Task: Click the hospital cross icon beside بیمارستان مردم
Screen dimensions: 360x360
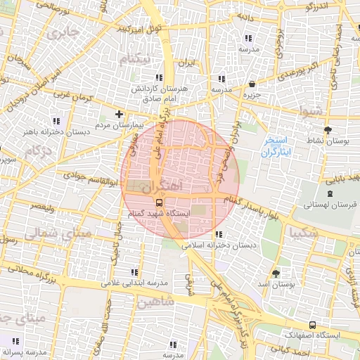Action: tap(119, 114)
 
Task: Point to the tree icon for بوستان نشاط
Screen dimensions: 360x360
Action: tap(327, 130)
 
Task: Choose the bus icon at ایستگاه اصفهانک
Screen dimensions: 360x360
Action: tap(312, 326)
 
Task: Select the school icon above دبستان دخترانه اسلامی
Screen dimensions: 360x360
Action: tap(218, 234)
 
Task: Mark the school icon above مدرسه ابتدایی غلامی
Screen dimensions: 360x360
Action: tap(134, 271)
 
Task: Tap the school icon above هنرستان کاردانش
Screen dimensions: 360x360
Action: tap(158, 78)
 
